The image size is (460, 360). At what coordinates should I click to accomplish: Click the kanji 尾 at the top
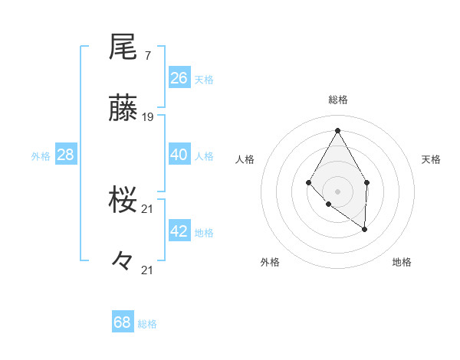pos(123,47)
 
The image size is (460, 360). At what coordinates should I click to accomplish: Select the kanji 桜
pos(123,201)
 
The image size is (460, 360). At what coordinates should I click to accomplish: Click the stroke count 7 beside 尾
pos(147,56)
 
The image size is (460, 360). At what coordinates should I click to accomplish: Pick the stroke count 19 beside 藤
pos(148,117)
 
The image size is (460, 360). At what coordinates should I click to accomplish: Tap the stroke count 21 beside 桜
pos(148,209)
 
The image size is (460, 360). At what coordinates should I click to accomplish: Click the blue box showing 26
pos(179,78)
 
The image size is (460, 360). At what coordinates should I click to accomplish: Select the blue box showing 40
pos(179,155)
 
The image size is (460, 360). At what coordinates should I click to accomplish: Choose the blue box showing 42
pos(179,231)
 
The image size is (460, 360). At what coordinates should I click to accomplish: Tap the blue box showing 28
pos(66,155)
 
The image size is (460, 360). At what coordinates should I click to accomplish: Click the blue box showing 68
pos(123,322)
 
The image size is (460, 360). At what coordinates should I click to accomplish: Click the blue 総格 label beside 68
pos(147,324)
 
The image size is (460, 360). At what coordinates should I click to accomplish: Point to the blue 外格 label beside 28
pos(41,156)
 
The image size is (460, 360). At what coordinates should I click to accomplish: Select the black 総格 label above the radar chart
pos(337,100)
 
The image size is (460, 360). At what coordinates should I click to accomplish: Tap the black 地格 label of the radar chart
pos(402,263)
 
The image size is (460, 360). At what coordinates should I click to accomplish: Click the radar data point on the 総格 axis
pos(337,129)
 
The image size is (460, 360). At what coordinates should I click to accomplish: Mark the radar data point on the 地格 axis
pos(365,229)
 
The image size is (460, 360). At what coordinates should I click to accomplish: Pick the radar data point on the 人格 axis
pos(308,182)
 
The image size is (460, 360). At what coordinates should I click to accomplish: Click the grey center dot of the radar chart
pos(337,191)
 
